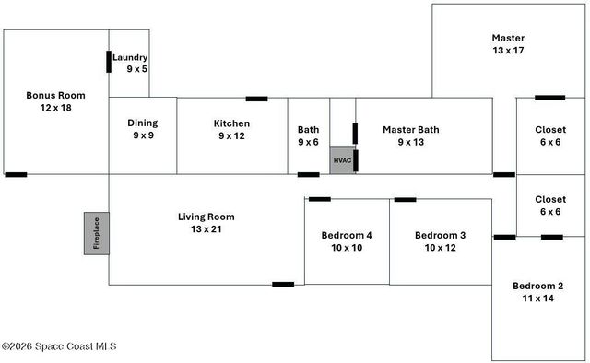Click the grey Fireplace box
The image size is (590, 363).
[97, 233]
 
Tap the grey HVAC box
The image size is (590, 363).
[342, 159]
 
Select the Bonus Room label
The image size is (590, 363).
[49, 95]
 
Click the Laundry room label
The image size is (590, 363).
[130, 57]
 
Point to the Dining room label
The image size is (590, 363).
[142, 123]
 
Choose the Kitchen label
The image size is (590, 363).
[231, 123]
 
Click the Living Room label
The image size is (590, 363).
[206, 217]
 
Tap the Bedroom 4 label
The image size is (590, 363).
[347, 235]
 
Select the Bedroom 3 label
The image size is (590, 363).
[440, 235]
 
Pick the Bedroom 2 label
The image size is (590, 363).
[537, 286]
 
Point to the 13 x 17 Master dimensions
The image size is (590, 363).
[508, 51]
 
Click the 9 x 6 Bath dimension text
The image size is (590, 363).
[308, 143]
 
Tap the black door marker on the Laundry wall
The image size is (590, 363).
[109, 62]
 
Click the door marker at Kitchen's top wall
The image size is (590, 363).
[256, 99]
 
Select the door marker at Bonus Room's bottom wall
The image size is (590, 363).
[16, 174]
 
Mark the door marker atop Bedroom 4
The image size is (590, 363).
[320, 199]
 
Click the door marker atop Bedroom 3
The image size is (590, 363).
[405, 199]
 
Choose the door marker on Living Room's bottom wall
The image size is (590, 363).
[283, 284]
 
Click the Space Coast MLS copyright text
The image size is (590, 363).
[59, 346]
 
